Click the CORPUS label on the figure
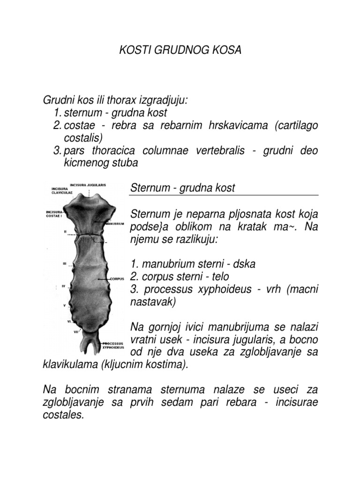click(x=116, y=278)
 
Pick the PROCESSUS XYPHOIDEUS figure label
click(x=113, y=346)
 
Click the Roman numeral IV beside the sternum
click(x=65, y=285)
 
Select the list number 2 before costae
click(x=58, y=126)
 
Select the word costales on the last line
click(x=63, y=415)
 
